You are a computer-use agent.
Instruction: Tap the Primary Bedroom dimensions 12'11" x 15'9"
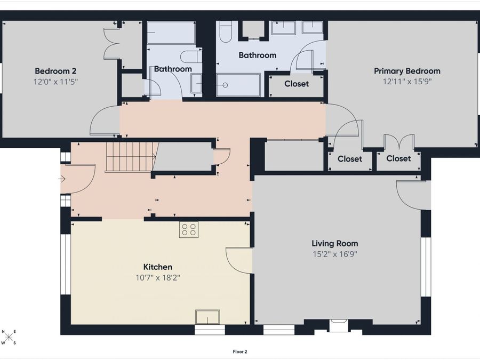[407, 82]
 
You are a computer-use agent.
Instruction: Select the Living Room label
[334, 243]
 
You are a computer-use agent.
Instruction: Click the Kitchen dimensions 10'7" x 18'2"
[157, 277]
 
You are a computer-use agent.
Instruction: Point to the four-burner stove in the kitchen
[188, 229]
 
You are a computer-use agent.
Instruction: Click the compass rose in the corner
[9, 338]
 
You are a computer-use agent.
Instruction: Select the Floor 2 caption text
[240, 351]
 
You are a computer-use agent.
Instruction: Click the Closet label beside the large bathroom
[296, 84]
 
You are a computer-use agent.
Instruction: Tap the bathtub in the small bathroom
[171, 33]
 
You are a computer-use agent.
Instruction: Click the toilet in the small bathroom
[189, 56]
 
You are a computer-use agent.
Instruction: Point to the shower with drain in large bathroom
[238, 85]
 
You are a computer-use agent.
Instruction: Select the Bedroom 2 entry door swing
[105, 121]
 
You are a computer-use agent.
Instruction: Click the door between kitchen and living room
[239, 260]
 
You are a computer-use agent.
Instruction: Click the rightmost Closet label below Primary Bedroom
[398, 158]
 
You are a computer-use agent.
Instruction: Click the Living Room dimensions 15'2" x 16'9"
[334, 254]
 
